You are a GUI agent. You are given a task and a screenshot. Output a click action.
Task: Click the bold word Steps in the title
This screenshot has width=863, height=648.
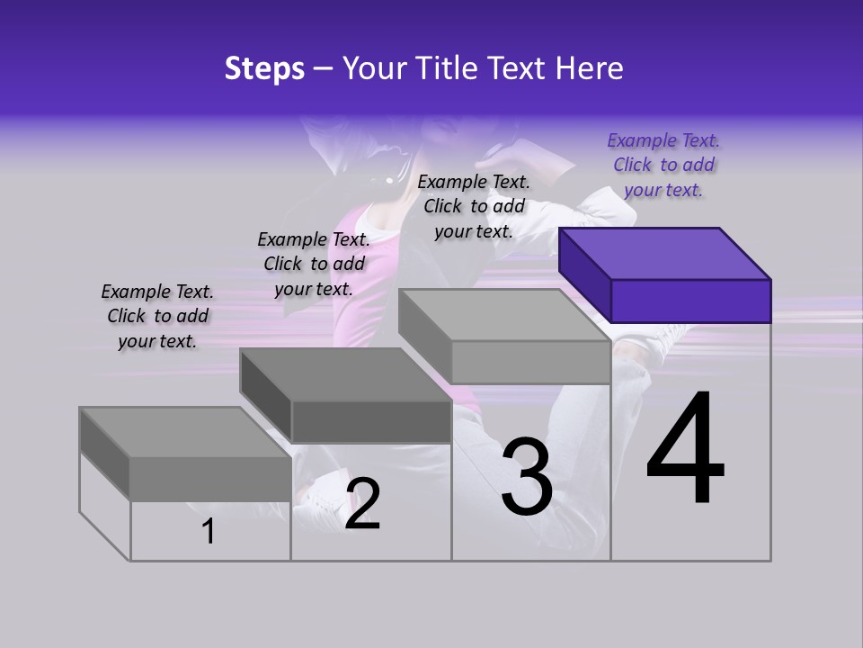[264, 68]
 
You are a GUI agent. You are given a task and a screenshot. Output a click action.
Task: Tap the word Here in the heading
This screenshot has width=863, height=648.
[589, 68]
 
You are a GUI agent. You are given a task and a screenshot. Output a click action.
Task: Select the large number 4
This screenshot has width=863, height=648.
[685, 449]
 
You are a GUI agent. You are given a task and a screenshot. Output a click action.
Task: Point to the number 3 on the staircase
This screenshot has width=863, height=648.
[527, 477]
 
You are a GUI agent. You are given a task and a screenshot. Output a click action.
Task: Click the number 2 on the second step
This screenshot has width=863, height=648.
[362, 503]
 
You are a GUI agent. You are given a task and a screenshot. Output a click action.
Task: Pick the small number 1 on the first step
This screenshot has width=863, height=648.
[208, 532]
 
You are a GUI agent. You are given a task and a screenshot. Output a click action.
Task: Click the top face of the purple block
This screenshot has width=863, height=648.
[665, 253]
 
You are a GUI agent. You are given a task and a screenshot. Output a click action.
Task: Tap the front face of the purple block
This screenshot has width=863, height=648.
[690, 301]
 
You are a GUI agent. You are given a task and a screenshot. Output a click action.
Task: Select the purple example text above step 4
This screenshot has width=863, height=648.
[663, 165]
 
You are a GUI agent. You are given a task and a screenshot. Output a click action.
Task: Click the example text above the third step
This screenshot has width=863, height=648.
[474, 206]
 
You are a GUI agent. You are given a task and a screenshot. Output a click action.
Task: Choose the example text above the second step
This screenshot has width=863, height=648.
[314, 264]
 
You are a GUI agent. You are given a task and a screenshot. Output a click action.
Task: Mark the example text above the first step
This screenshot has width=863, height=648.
[157, 316]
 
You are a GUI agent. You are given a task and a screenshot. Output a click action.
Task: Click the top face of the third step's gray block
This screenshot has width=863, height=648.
[503, 315]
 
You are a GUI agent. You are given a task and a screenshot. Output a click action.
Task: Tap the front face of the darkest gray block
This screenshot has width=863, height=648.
[370, 421]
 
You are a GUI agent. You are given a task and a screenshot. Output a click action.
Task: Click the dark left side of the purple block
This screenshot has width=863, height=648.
[584, 274]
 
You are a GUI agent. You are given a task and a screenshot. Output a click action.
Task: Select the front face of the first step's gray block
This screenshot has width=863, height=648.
[210, 478]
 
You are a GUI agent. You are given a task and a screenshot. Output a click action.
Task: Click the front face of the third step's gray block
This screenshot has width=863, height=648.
[530, 362]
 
